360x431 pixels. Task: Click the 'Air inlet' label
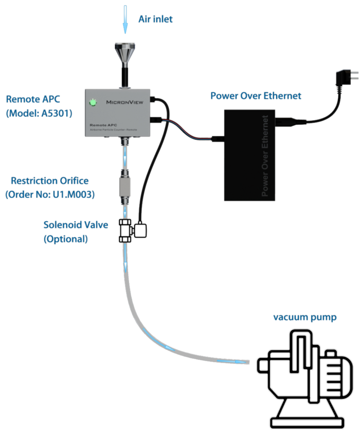tap(155, 19)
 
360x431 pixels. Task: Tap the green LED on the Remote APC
tap(93, 102)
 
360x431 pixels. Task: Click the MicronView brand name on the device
tap(125, 102)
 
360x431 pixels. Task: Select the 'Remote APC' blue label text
tap(30, 99)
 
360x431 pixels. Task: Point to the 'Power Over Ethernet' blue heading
tap(256, 96)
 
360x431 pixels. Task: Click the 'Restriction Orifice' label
tap(50, 181)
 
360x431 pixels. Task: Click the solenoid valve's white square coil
tap(142, 230)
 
